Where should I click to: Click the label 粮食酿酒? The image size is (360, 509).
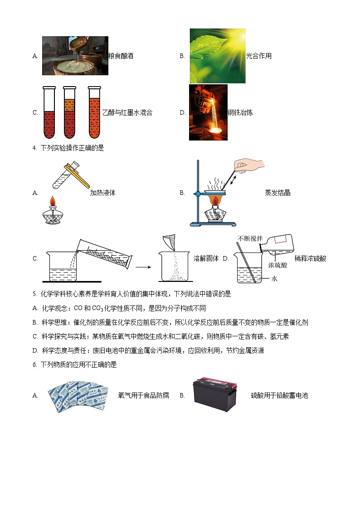pos(121,56)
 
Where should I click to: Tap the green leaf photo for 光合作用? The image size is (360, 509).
pos(217,56)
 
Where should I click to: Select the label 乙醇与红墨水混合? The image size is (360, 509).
pos(127,113)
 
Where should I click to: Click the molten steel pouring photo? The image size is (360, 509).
pos(208,112)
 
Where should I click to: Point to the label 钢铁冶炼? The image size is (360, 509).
pos(240,113)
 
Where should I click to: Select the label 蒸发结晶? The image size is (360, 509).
pos(277,193)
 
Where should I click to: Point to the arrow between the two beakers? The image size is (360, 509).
pos(143,267)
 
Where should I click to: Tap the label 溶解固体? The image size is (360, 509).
pos(206,258)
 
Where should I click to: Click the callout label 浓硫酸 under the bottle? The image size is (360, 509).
pos(277,265)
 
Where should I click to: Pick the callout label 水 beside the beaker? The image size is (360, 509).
pos(274,279)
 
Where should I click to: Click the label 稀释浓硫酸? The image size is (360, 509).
pos(310,258)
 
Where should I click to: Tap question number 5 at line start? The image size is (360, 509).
pos(35,294)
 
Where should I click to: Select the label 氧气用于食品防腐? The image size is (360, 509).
pos(143,395)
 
